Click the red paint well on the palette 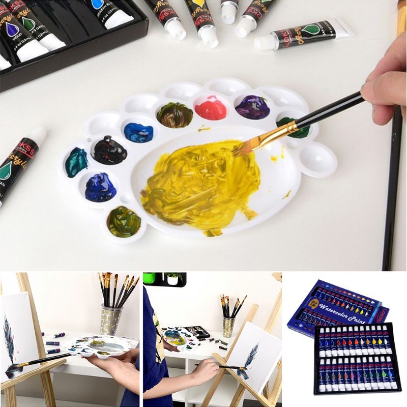[x=211, y=108]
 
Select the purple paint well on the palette [x=252, y=107]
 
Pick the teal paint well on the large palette [x=76, y=162]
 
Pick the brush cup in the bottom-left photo [x=110, y=318]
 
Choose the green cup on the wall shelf [x=149, y=278]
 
